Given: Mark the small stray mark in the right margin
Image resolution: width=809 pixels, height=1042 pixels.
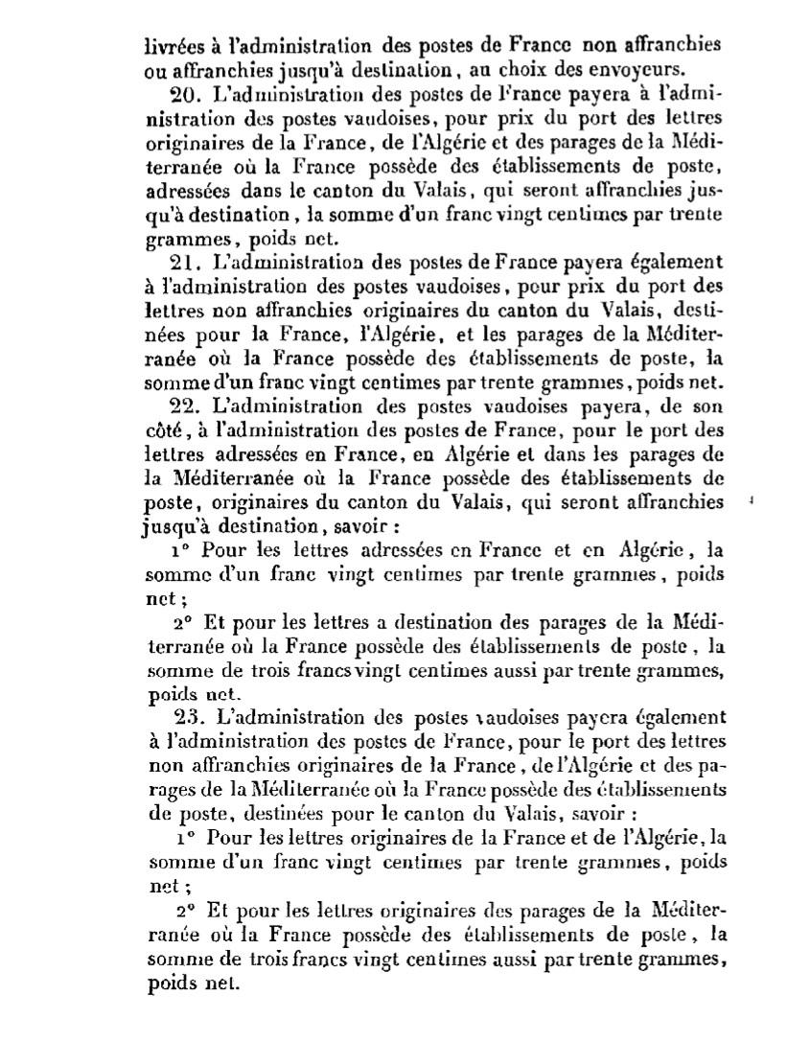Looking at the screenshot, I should [x=751, y=499].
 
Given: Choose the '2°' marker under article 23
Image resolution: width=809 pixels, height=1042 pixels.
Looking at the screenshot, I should [x=187, y=907].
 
